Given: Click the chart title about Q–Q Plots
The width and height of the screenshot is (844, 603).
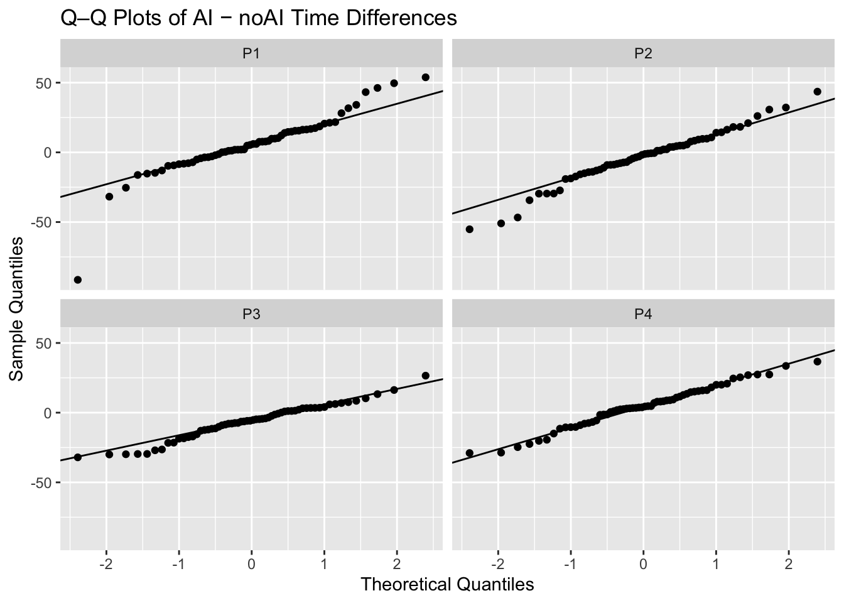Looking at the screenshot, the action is pyautogui.click(x=259, y=18).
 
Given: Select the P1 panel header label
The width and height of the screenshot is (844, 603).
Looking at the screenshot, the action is pyautogui.click(x=251, y=53).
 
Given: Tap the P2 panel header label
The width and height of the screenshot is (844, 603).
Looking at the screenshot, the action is pyautogui.click(x=643, y=53).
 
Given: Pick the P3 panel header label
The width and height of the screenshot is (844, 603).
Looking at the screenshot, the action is pyautogui.click(x=251, y=314).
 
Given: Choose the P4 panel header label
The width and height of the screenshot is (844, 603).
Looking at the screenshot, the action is pyautogui.click(x=643, y=314).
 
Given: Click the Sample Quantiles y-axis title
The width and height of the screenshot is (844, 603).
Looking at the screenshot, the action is pyautogui.click(x=16, y=309).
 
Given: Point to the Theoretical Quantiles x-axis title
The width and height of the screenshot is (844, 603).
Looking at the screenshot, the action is pyautogui.click(x=447, y=585).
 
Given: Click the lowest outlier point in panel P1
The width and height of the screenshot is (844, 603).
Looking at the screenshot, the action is pyautogui.click(x=78, y=280).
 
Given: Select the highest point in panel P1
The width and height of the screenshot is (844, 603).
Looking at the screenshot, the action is pyautogui.click(x=425, y=77).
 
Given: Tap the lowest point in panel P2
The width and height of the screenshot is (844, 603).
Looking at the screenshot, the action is pyautogui.click(x=470, y=229).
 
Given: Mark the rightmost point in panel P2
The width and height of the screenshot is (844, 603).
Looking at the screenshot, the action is pyautogui.click(x=817, y=92).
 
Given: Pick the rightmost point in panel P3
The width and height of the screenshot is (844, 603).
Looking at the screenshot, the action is pyautogui.click(x=425, y=376).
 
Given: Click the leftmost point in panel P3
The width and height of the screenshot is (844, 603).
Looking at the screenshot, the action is pyautogui.click(x=78, y=457).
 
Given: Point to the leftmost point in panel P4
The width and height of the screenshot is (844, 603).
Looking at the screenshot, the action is pyautogui.click(x=470, y=453).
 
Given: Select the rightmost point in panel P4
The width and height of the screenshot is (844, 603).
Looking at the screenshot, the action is pyautogui.click(x=817, y=361).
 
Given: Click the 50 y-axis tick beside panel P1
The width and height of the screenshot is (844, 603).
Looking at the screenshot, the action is pyautogui.click(x=43, y=84).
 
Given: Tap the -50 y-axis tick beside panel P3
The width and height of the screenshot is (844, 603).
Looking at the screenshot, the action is pyautogui.click(x=41, y=483).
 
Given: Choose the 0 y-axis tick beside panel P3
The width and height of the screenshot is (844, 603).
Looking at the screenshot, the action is pyautogui.click(x=48, y=413).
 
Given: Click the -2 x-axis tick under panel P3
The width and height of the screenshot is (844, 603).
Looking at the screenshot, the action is pyautogui.click(x=106, y=564).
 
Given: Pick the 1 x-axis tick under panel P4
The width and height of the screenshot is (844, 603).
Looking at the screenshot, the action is pyautogui.click(x=715, y=564).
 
